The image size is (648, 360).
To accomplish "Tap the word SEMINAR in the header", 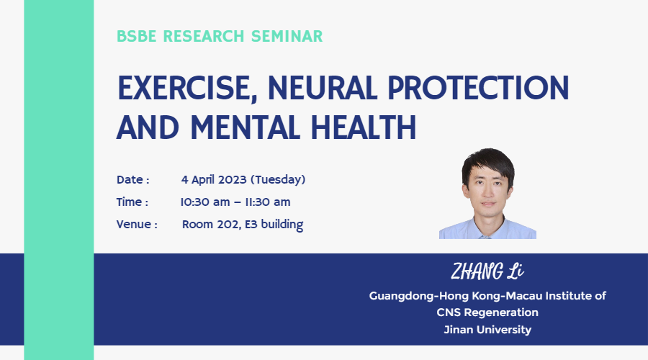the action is tap(287, 37).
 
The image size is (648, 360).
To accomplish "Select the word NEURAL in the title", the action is tap(323, 88).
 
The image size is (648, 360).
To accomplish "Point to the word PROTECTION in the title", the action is tap(478, 88).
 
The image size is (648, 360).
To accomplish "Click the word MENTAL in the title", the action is tap(246, 127).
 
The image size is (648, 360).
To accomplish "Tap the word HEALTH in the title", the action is tap(364, 127).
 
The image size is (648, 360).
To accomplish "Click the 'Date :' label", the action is tap(132, 180).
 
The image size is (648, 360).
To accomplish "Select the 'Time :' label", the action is tap(132, 202).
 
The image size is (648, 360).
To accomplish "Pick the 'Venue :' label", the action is tap(137, 225).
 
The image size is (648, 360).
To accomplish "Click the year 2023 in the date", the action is tap(233, 180).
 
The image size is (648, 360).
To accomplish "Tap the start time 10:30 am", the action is tap(205, 202).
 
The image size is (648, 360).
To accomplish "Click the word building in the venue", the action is tap(282, 225).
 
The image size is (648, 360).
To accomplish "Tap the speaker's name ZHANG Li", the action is tap(487, 271).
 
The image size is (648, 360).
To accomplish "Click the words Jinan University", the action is tap(487, 330).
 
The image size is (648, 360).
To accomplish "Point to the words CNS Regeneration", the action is tap(487, 312).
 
